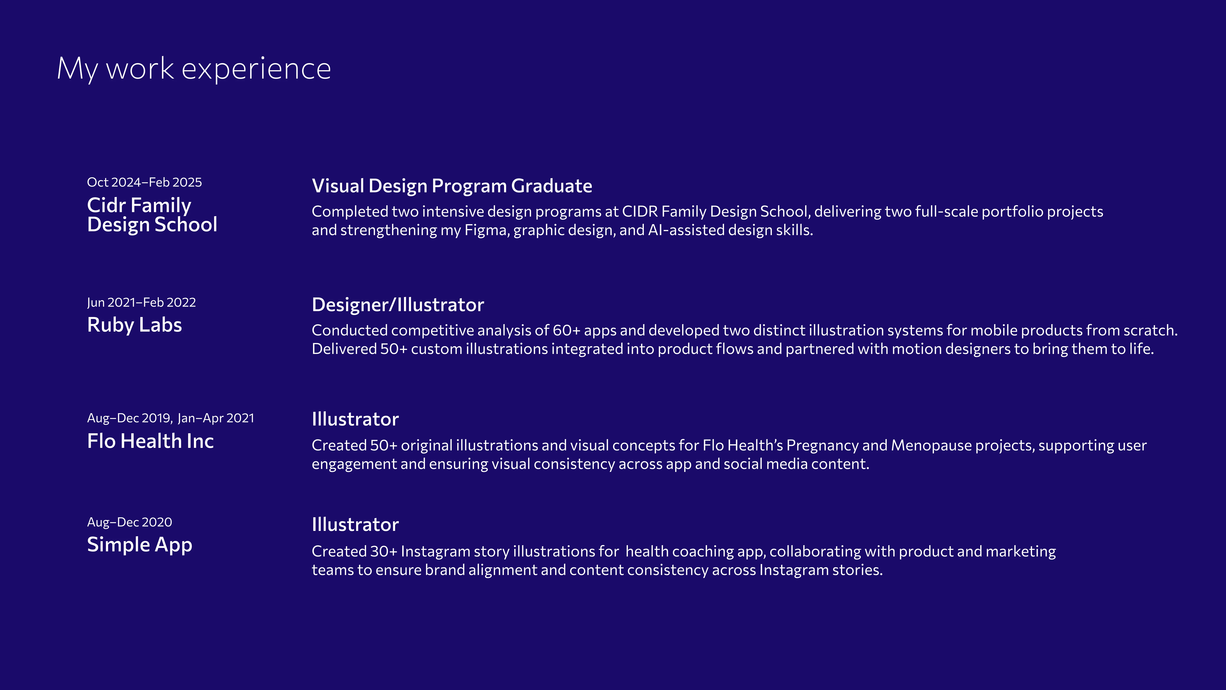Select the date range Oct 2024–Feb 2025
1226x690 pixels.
[x=144, y=182]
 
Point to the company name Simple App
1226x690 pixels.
[x=139, y=545]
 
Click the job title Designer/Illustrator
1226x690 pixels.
[x=398, y=305]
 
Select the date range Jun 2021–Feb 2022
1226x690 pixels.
[x=141, y=302]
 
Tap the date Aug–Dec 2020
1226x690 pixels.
[x=129, y=522]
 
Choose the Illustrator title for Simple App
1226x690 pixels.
[x=355, y=525]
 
